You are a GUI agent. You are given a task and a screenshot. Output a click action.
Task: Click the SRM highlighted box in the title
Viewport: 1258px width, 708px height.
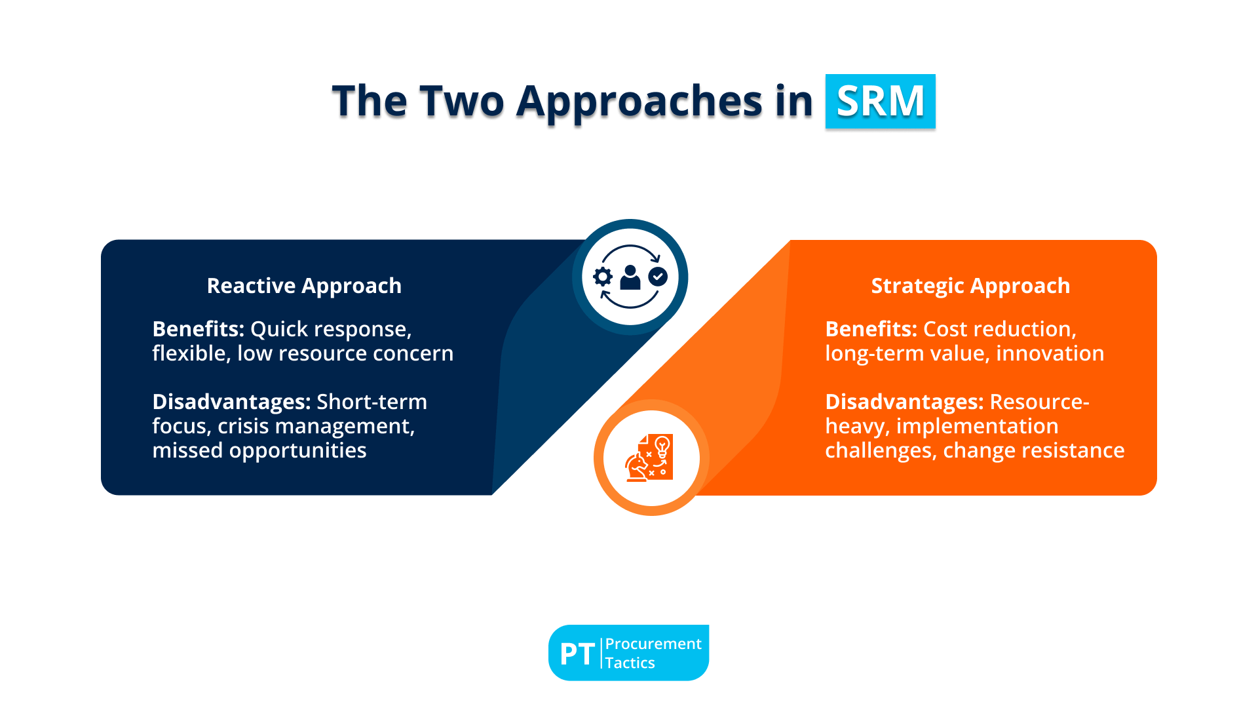[880, 101]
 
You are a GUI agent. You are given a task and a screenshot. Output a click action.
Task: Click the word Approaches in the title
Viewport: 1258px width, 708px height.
[639, 103]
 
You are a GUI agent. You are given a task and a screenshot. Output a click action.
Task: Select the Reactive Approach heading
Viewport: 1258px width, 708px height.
[304, 286]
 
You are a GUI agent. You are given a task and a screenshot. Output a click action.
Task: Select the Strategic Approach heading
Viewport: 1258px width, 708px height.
[970, 286]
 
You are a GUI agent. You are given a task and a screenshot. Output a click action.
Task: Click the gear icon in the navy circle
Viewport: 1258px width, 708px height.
[603, 277]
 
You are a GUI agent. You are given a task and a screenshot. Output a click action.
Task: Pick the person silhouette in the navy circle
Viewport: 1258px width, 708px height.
[630, 277]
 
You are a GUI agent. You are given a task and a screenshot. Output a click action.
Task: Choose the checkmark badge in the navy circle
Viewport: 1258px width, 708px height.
[658, 277]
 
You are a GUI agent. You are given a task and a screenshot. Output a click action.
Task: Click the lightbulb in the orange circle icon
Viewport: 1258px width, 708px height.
[662, 446]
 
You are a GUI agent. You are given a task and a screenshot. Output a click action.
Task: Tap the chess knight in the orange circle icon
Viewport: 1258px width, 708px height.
[636, 467]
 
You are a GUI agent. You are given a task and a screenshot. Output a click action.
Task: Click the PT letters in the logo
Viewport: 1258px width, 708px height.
[577, 654]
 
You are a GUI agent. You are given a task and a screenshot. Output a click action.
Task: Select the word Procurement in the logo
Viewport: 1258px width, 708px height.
[653, 644]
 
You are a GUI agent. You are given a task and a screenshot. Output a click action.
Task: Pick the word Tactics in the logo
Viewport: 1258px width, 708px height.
[630, 663]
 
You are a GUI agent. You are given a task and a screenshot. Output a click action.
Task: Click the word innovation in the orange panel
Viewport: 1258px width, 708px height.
[1050, 353]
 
